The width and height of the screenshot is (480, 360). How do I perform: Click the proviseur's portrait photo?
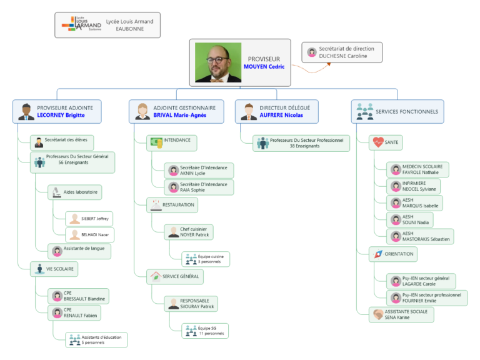click(218, 62)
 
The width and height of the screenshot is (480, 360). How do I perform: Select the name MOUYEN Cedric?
click(264, 67)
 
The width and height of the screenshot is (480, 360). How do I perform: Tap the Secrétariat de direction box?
click(342, 52)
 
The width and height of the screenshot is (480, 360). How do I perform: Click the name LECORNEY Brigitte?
click(61, 116)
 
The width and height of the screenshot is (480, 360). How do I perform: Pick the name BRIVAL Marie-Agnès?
click(179, 116)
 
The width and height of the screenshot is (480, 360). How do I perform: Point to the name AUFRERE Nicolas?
click(281, 116)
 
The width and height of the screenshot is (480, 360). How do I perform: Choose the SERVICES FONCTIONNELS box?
click(397, 112)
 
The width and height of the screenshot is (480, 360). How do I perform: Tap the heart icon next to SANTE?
click(378, 142)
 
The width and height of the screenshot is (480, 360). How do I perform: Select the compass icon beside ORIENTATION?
click(378, 254)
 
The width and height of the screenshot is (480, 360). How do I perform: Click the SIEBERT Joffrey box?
click(89, 219)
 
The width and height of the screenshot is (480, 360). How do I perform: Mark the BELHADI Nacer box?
click(89, 235)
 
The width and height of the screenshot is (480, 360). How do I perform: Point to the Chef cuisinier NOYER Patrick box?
click(189, 232)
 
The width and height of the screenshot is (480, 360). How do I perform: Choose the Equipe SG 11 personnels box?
click(206, 331)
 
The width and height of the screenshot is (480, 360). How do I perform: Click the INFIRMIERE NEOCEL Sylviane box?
click(413, 186)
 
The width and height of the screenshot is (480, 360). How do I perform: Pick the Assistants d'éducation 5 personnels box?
click(97, 340)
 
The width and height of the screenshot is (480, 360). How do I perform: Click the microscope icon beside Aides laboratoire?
click(57, 192)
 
